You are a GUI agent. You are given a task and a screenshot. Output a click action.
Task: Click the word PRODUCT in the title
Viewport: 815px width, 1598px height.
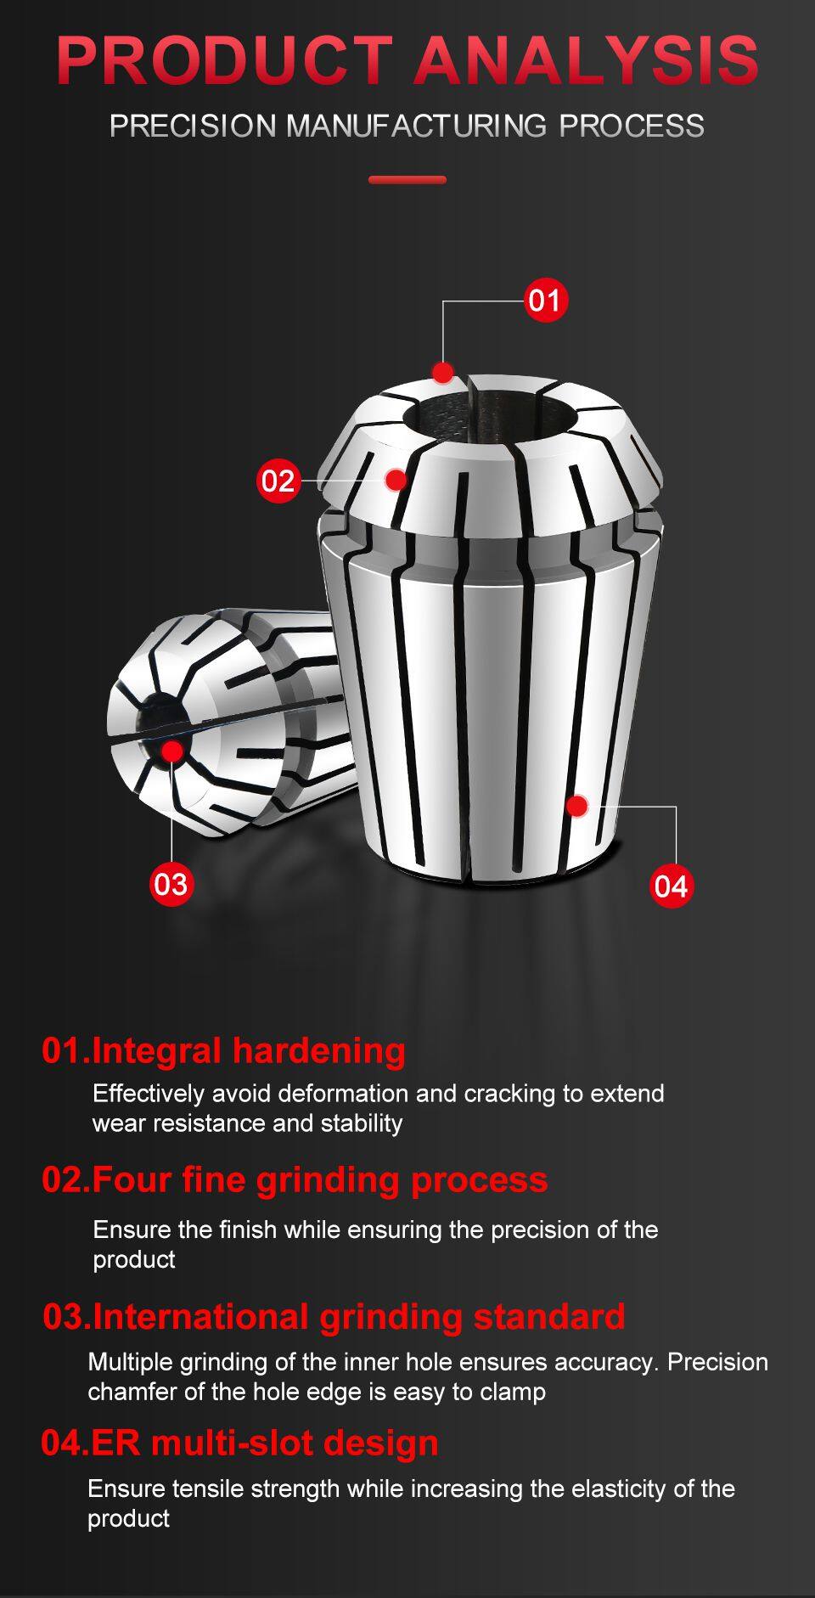click(x=224, y=60)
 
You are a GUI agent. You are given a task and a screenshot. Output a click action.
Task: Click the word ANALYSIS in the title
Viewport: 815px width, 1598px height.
click(x=587, y=60)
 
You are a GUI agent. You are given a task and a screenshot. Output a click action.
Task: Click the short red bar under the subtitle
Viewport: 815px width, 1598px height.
click(x=407, y=180)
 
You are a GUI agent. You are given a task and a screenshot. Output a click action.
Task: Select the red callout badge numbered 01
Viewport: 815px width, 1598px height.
click(x=545, y=301)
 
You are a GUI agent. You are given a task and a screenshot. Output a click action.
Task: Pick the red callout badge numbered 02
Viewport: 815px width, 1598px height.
click(x=278, y=481)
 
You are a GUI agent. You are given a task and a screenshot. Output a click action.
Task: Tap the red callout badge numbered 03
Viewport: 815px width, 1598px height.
click(x=171, y=884)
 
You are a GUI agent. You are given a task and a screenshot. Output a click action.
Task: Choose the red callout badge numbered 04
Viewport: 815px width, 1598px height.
click(x=671, y=886)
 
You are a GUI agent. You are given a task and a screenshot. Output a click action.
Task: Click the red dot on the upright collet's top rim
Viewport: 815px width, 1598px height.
click(x=442, y=372)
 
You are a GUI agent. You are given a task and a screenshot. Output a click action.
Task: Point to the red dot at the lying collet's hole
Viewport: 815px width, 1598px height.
click(x=172, y=751)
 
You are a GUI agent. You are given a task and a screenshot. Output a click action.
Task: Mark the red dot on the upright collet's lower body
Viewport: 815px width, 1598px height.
click(x=577, y=805)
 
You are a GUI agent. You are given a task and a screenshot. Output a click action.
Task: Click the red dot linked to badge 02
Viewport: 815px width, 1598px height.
click(x=396, y=480)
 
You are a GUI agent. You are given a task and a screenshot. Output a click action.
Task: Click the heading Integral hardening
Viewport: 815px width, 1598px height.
click(x=224, y=1050)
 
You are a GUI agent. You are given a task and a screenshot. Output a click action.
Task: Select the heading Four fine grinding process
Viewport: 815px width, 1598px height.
click(x=295, y=1179)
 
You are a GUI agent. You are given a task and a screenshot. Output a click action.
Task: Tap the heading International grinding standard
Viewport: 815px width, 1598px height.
click(x=334, y=1316)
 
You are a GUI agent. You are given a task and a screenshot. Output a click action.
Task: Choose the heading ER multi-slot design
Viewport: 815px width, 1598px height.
click(x=240, y=1443)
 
